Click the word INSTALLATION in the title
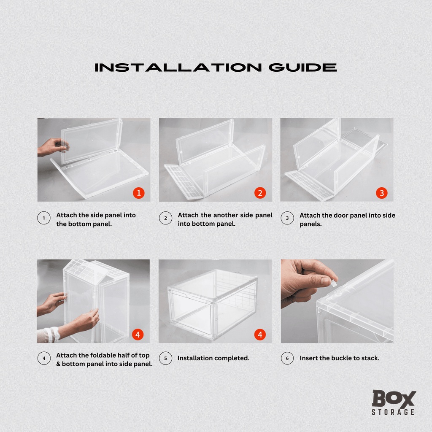[x=178, y=67]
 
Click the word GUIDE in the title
[x=302, y=67]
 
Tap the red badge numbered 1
[x=138, y=193]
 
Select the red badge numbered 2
[x=260, y=193]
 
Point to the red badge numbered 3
[x=381, y=193]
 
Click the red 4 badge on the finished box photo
[x=260, y=335]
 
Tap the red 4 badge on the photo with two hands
[x=138, y=335]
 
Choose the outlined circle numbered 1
[x=44, y=218]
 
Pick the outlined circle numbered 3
[x=287, y=218]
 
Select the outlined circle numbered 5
[x=165, y=358]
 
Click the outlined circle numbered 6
[x=287, y=358]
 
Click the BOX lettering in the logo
[x=394, y=398]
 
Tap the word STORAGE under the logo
[x=393, y=412]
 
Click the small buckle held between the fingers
[x=334, y=283]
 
